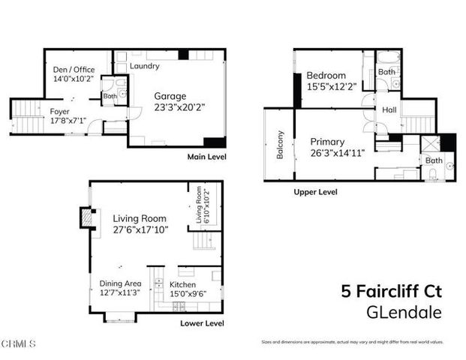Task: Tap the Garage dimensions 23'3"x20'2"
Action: [179, 107]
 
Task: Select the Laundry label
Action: [144, 66]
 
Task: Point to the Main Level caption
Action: [206, 157]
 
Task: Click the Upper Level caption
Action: [315, 192]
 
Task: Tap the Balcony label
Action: [280, 145]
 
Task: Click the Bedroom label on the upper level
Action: [326, 75]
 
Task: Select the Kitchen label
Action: [182, 285]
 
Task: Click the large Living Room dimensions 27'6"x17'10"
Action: [140, 229]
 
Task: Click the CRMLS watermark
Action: [18, 344]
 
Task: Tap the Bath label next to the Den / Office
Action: [110, 96]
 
